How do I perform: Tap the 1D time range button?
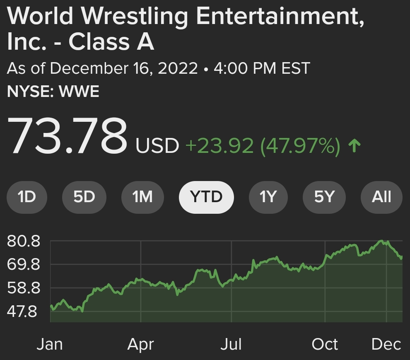27,197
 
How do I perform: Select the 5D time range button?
84,197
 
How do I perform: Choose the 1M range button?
142,197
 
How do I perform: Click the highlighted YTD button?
206,197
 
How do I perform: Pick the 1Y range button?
268,197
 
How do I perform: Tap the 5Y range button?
324,197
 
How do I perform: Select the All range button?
381,197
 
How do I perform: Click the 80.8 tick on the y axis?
24,241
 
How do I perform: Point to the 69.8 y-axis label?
24,264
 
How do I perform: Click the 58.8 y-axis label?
24,288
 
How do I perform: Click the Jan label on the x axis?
50,344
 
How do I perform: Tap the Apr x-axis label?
141,344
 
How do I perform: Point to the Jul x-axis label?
231,344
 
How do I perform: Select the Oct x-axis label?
325,344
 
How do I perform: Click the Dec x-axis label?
386,344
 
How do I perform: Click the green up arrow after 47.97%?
355,146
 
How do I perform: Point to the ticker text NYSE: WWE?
53,92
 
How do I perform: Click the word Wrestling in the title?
135,17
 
